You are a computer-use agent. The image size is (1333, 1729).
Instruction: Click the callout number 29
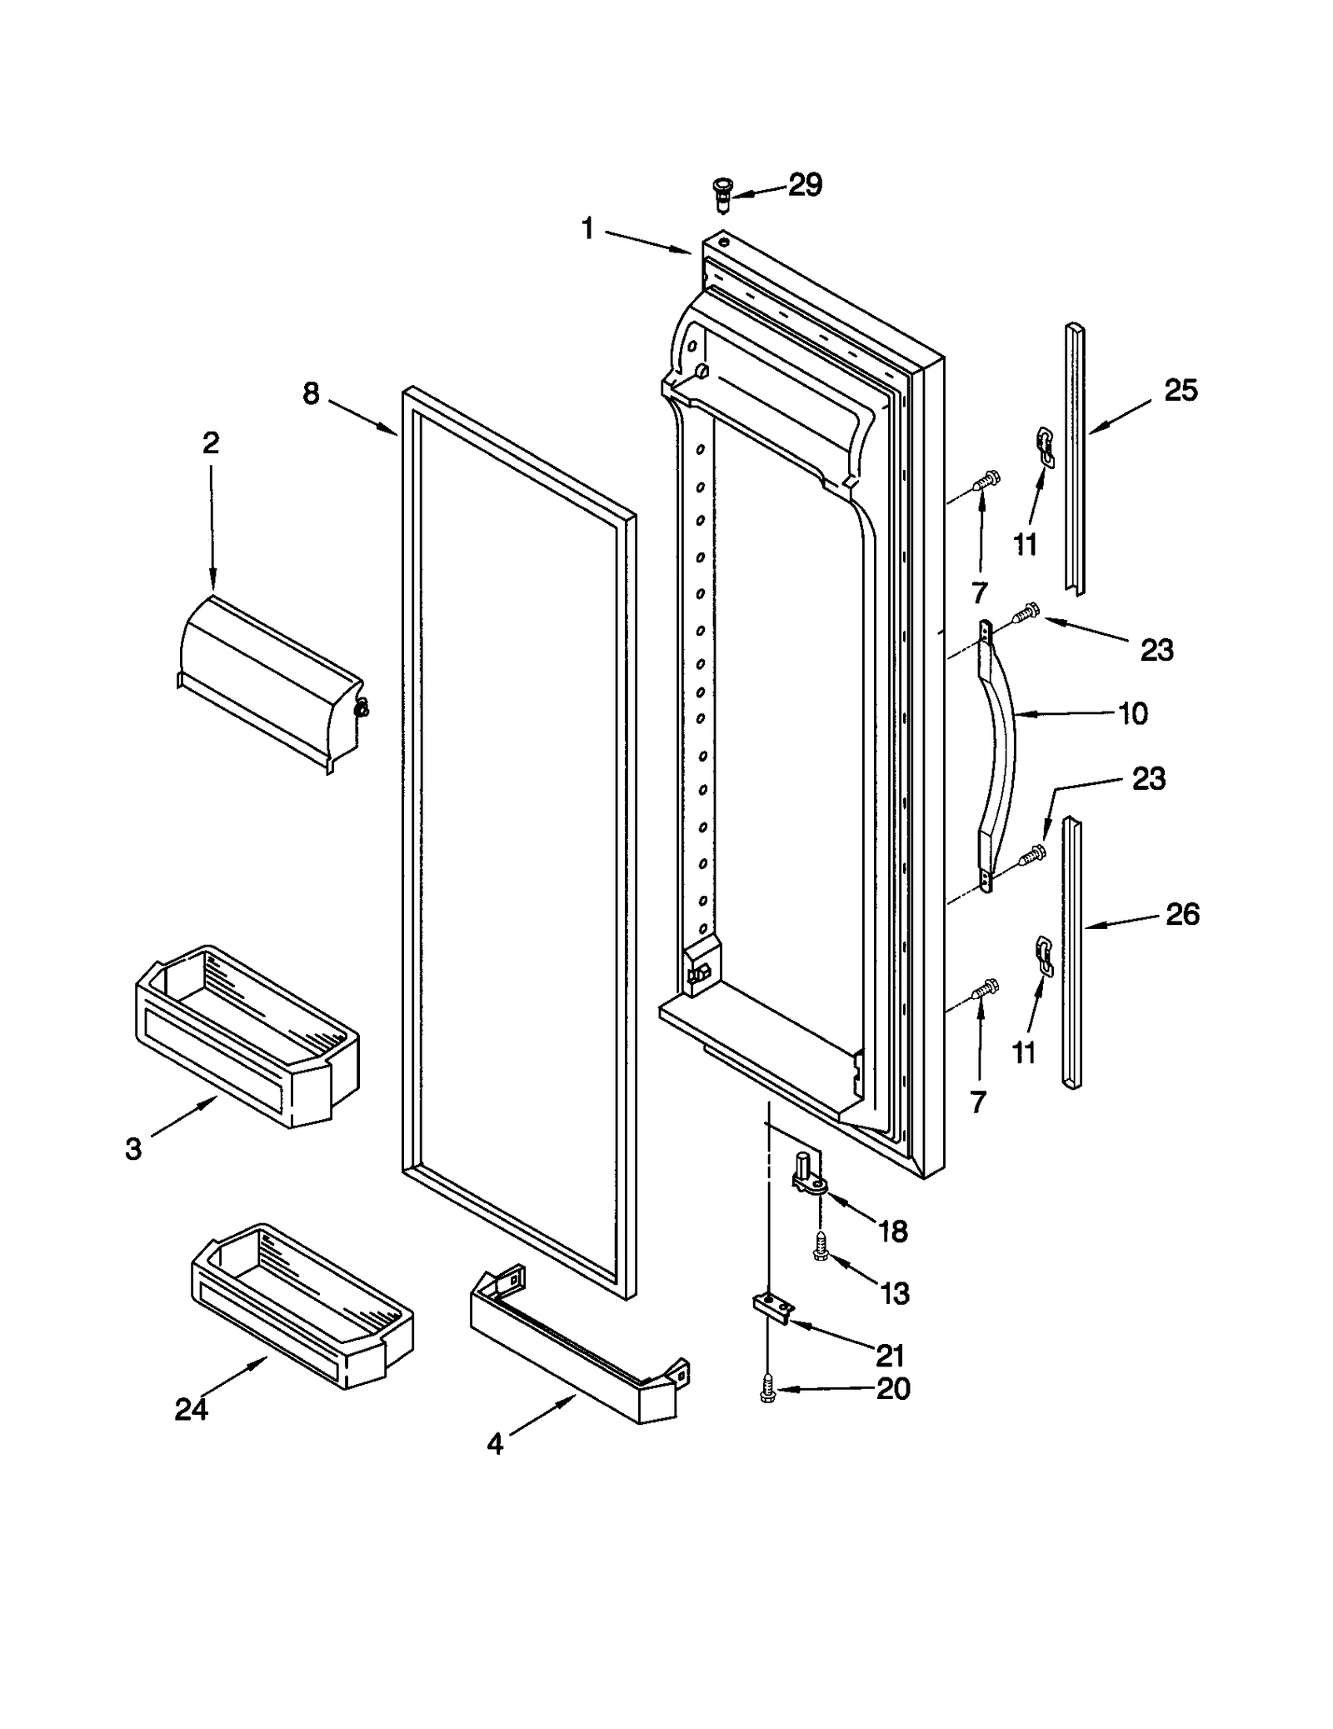point(805,185)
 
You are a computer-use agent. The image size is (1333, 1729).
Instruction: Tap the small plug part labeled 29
point(721,193)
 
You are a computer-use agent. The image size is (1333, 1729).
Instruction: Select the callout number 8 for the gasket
point(311,393)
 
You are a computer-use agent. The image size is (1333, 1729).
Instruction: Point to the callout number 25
point(1181,390)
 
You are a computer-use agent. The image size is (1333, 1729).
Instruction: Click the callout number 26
point(1182,914)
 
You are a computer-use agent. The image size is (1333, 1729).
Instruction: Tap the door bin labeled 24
point(302,1309)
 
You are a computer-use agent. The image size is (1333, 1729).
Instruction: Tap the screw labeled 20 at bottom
point(766,1390)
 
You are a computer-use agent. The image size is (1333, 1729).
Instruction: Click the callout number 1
point(587,228)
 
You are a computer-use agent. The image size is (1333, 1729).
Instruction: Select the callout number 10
point(1132,713)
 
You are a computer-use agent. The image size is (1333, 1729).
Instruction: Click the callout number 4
point(495,1443)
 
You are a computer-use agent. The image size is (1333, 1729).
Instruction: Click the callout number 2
point(211,442)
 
